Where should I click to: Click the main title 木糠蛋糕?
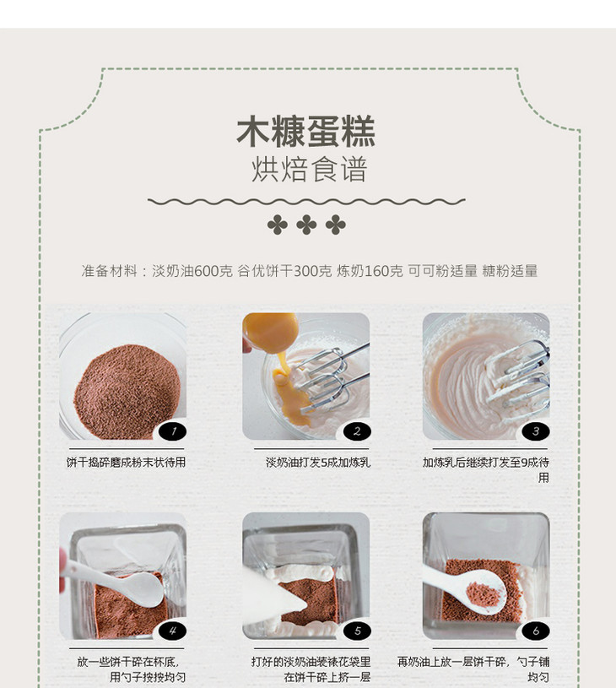coord(305,131)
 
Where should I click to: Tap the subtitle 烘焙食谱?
coord(309,170)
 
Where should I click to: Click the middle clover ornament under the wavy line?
coord(306,225)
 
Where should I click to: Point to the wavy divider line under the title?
coord(306,202)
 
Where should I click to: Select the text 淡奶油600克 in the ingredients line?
coord(192,271)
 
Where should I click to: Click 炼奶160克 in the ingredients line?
coord(370,271)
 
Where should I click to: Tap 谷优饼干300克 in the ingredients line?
coord(284,271)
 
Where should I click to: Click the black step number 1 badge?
coord(172,431)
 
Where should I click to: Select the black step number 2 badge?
coord(357,431)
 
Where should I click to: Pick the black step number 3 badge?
coord(536,431)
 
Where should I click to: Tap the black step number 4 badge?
coord(172,631)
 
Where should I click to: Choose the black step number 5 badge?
coord(357,631)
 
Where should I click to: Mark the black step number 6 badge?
coord(536,631)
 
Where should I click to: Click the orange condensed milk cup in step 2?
coord(270,332)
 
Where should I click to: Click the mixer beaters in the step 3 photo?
coord(518,377)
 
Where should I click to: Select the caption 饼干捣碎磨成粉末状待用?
coord(126,462)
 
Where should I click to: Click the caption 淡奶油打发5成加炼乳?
coord(318,462)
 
